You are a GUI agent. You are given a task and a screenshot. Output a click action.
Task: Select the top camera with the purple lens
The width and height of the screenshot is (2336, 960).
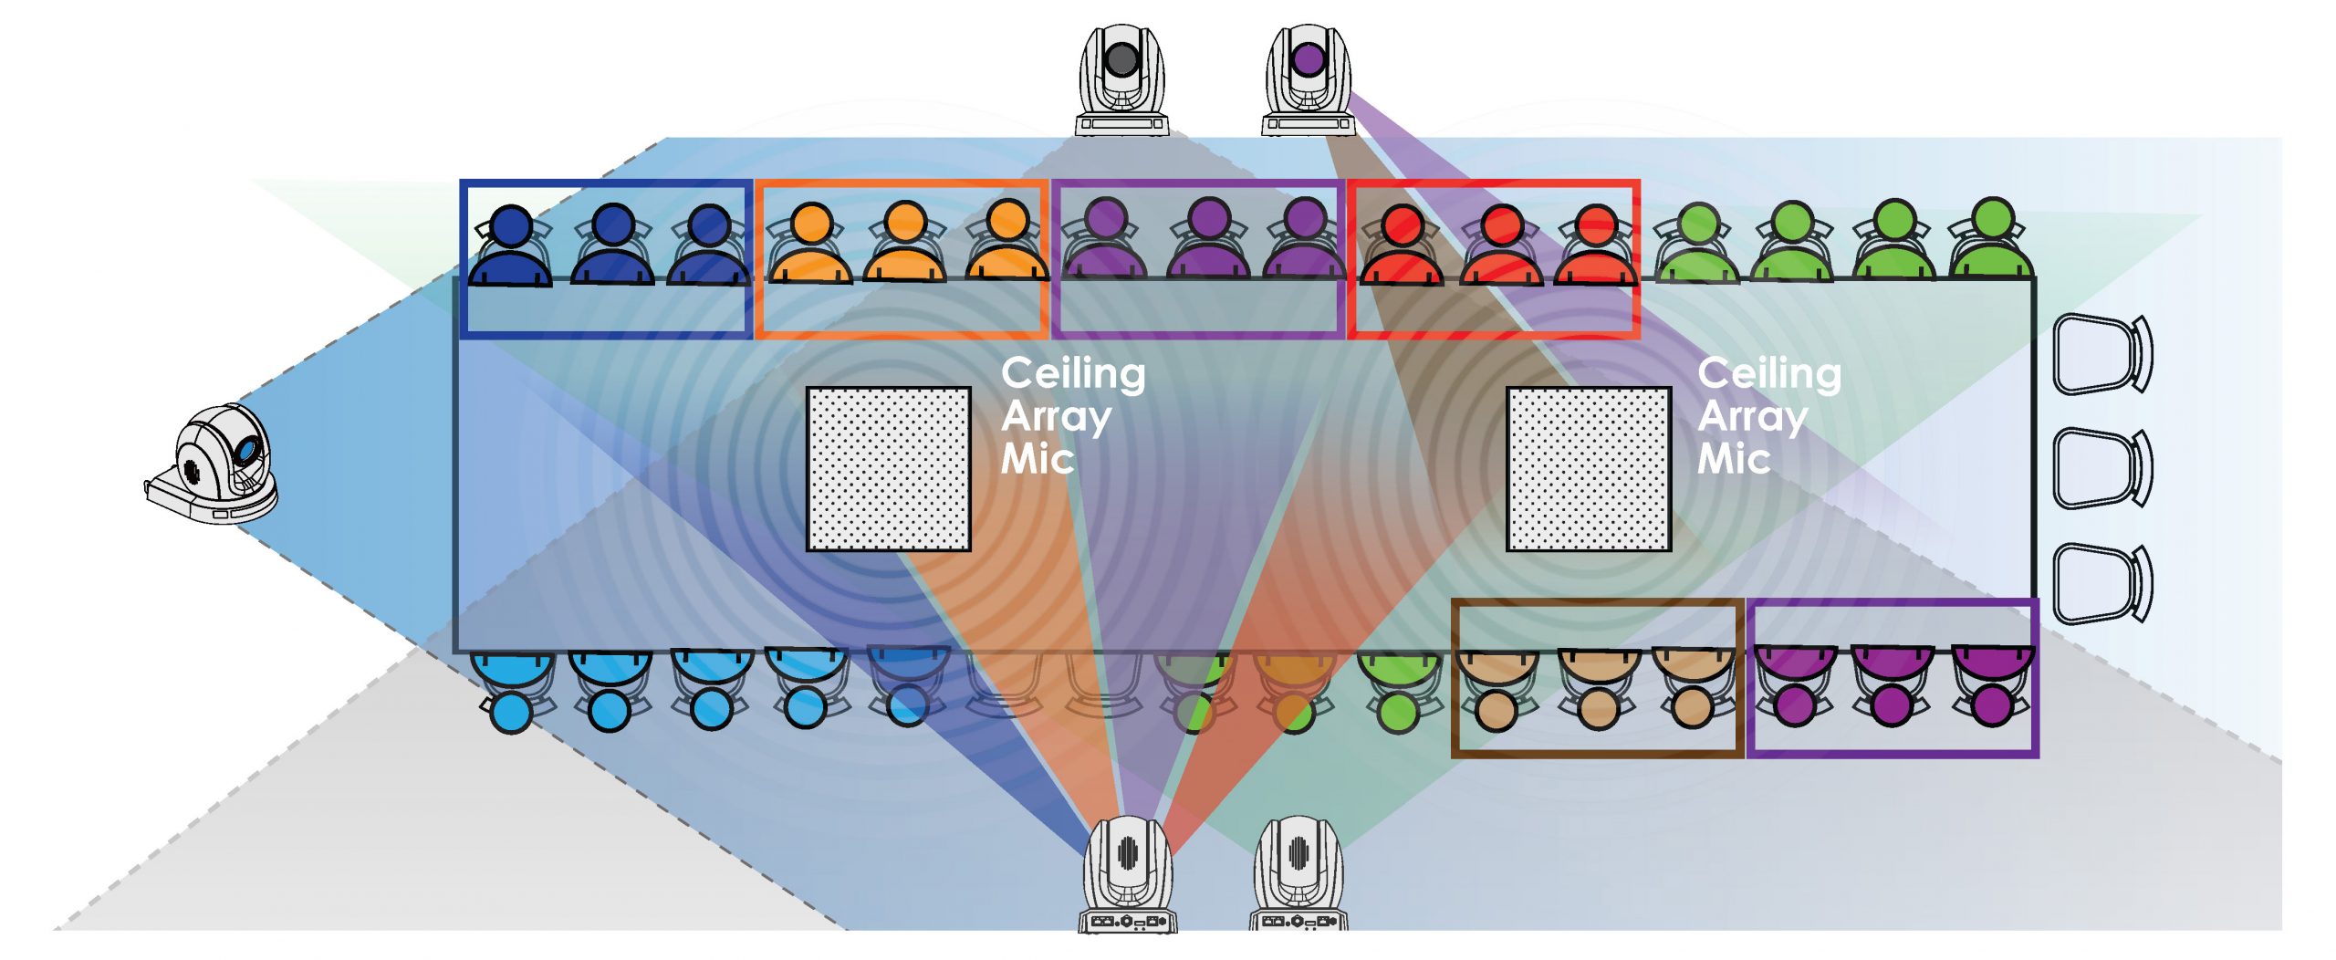(x=1308, y=80)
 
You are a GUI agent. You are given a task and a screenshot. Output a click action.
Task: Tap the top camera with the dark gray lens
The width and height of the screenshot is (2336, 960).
(x=1121, y=80)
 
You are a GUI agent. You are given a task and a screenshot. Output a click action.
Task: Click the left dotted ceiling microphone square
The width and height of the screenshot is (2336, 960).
(x=888, y=469)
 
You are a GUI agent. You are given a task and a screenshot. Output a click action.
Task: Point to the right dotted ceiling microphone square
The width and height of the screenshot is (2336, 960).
(x=1588, y=469)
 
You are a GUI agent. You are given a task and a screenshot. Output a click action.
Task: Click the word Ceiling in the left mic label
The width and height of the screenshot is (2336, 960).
(x=1073, y=374)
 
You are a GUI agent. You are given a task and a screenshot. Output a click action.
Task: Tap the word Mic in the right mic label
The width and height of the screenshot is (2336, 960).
(x=1733, y=459)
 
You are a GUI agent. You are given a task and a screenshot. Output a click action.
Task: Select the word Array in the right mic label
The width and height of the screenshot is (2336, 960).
(x=1752, y=417)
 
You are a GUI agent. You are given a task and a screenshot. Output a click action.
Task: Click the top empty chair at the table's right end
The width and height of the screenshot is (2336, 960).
(x=2101, y=354)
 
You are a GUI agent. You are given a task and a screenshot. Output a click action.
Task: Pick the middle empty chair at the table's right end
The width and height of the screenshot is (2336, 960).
(x=2101, y=467)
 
